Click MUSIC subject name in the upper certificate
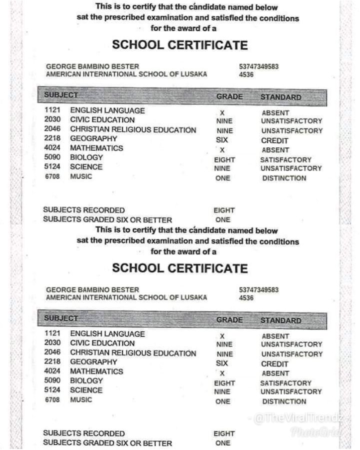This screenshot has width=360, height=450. [x=81, y=176]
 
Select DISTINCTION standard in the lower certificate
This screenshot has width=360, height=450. [x=284, y=401]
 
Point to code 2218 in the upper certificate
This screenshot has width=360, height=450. [x=52, y=138]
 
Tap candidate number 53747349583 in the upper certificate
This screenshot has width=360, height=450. [x=259, y=66]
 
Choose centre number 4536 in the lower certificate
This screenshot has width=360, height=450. [x=246, y=298]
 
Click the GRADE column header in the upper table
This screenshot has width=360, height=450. [x=229, y=96]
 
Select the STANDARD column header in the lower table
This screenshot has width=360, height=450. [x=280, y=320]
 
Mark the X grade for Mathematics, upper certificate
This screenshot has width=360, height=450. [x=222, y=150]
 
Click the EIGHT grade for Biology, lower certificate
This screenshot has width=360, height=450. [x=224, y=383]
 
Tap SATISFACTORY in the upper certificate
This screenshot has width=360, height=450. [x=285, y=159]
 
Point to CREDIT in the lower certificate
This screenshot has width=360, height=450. [x=274, y=364]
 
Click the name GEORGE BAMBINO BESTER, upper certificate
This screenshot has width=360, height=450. [x=92, y=66]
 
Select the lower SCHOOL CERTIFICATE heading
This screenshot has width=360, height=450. [x=180, y=268]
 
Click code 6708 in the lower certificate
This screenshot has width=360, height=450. [x=52, y=399]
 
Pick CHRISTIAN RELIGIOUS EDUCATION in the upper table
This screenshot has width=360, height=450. [x=133, y=129]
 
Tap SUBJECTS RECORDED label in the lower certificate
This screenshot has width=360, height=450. [x=84, y=433]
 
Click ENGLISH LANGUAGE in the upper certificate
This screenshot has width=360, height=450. [x=107, y=110]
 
